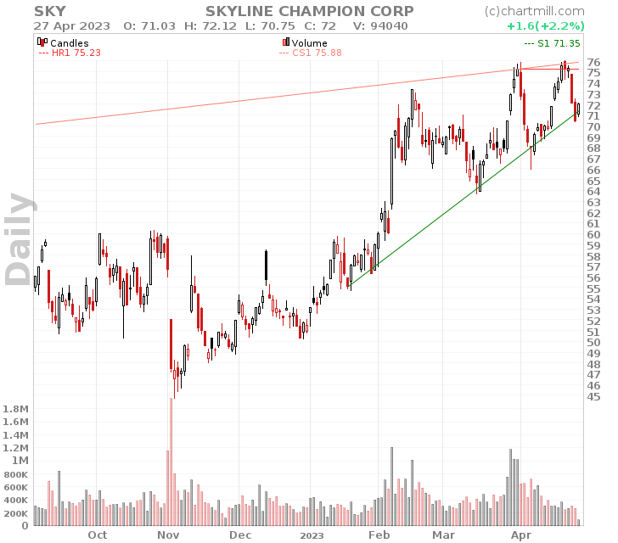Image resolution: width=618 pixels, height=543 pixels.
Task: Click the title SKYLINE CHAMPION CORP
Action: click(310, 11)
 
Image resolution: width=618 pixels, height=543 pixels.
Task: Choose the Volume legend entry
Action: click(309, 42)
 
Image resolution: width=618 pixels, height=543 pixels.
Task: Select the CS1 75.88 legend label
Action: click(310, 53)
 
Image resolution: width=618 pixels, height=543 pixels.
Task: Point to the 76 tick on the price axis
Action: click(593, 63)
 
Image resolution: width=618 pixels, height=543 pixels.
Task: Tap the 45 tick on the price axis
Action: click(593, 396)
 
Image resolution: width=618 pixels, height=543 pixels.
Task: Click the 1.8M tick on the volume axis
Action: click(16, 409)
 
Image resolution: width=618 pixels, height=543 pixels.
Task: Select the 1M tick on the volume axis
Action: click(20, 461)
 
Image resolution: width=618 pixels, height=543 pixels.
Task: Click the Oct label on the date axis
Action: click(98, 535)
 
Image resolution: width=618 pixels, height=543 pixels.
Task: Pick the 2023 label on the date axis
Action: click(312, 535)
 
